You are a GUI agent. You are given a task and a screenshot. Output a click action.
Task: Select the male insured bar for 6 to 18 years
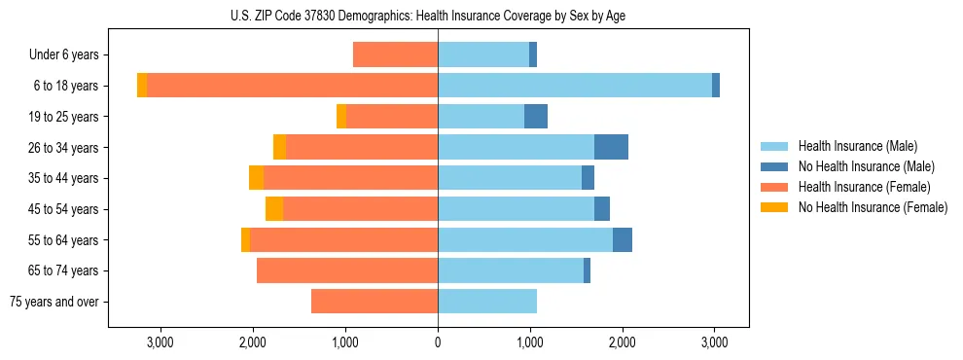point(575,86)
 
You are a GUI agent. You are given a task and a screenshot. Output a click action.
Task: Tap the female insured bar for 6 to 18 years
point(292,86)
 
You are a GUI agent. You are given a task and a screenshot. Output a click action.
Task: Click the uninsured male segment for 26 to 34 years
point(611,147)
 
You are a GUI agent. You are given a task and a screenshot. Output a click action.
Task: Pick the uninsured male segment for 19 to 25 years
point(536,117)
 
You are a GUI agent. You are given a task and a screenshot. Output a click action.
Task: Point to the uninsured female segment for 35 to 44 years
point(256,178)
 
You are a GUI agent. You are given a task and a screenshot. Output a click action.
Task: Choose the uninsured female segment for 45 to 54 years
point(274,209)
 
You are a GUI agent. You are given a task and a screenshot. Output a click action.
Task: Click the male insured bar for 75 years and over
point(487,302)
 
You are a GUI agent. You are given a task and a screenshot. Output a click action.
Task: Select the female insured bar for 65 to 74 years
point(347,270)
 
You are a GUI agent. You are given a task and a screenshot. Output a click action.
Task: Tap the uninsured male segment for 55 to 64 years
point(623,239)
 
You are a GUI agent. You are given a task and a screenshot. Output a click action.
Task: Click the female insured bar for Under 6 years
point(395,54)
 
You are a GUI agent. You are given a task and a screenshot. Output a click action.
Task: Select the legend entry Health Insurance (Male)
point(857,146)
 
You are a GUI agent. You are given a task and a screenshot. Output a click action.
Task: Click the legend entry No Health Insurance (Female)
point(873,207)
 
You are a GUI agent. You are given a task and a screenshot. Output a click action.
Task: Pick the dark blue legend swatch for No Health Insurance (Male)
point(774,166)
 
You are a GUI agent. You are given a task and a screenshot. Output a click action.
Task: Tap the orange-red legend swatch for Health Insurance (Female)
point(774,187)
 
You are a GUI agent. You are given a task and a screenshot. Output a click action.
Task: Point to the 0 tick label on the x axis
point(438,342)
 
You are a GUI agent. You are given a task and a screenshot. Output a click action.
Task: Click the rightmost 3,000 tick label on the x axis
point(714,342)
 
